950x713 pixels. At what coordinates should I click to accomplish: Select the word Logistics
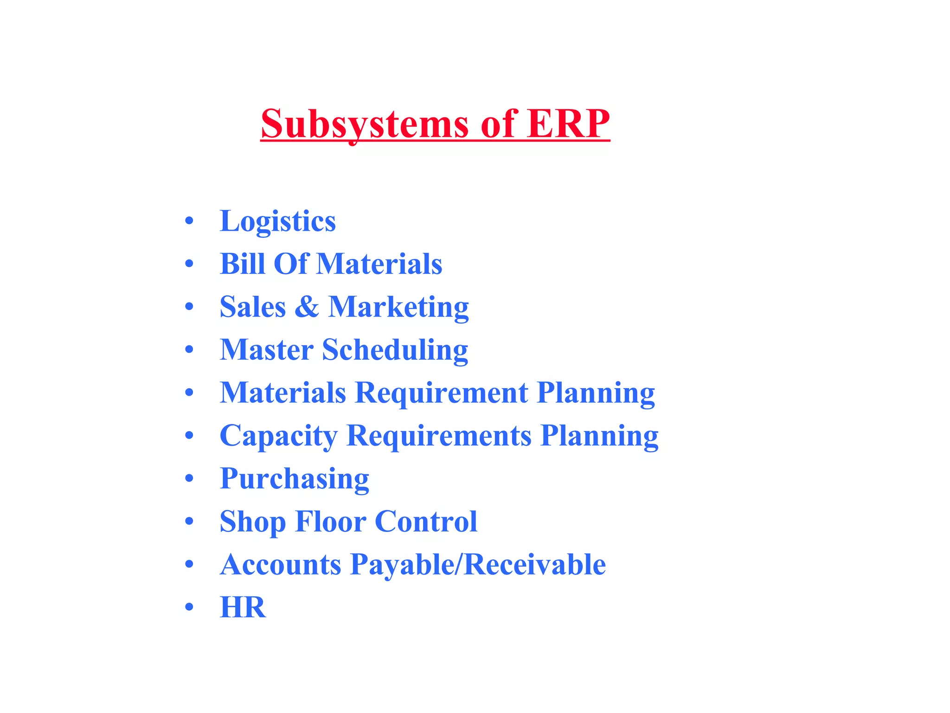click(x=277, y=221)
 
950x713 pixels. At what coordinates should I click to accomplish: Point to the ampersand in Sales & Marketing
click(x=307, y=307)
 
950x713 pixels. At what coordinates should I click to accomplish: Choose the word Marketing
click(x=398, y=307)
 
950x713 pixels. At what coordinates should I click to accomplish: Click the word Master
click(x=266, y=350)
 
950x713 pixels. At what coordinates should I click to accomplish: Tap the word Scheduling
click(x=395, y=350)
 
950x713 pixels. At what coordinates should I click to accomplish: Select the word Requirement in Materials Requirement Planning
click(x=441, y=393)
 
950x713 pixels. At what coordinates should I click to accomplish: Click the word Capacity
click(x=278, y=436)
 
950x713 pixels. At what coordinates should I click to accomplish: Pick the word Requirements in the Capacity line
click(x=439, y=436)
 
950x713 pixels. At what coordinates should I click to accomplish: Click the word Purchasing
click(x=294, y=479)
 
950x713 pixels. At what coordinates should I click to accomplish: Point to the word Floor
click(x=330, y=521)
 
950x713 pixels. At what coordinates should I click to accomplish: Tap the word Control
click(x=426, y=521)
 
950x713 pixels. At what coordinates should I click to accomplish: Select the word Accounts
click(x=281, y=564)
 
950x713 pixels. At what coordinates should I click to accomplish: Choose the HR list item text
click(x=243, y=607)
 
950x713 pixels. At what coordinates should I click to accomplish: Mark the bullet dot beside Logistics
click(x=189, y=221)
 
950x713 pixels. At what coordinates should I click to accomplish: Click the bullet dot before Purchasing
click(x=189, y=479)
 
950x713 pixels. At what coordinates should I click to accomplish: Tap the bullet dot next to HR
click(x=189, y=607)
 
